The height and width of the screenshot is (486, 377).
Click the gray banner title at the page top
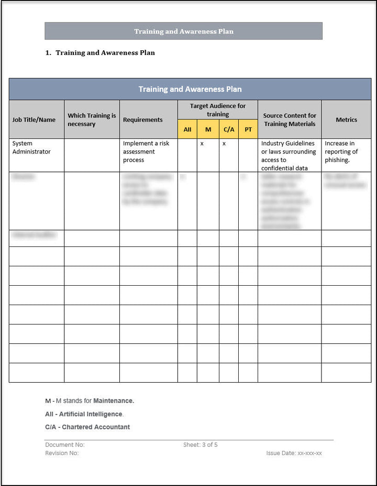pos(183,31)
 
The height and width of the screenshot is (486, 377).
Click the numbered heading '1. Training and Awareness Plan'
pos(105,52)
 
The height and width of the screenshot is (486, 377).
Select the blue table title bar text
pos(190,89)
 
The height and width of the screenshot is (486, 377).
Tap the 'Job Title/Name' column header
pos(34,120)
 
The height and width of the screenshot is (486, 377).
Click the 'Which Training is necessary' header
pos(92,120)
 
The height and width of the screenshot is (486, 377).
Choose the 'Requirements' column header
pos(143,120)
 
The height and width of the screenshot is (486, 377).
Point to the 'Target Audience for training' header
pos(218,110)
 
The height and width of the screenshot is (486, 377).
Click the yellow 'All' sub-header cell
pos(187,129)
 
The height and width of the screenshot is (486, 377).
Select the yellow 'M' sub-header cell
pos(208,129)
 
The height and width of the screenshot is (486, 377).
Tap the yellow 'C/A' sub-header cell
pos(229,129)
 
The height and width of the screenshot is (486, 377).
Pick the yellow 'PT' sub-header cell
pos(248,129)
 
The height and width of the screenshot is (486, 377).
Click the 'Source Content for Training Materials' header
pos(290,120)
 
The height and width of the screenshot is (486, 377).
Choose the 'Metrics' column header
pos(346,120)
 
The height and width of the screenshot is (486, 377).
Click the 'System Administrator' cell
pos(31,147)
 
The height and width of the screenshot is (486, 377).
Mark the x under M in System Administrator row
pos(202,143)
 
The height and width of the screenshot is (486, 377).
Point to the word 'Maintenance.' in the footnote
pos(114,401)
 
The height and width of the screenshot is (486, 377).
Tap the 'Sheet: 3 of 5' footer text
pos(201,445)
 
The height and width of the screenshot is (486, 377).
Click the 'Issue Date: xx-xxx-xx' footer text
pos(294,453)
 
